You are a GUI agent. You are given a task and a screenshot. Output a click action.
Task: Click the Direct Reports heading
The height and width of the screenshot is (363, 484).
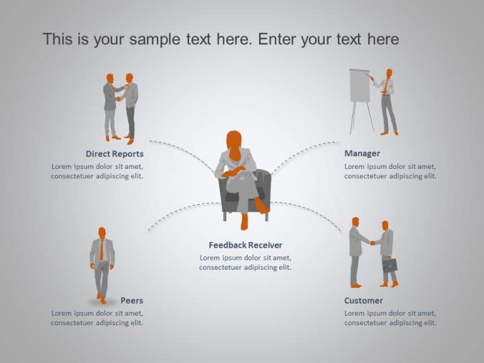(x=115, y=154)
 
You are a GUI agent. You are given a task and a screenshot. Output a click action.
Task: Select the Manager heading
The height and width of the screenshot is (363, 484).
(x=362, y=153)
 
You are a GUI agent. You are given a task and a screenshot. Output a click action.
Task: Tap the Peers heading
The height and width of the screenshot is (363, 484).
(x=132, y=301)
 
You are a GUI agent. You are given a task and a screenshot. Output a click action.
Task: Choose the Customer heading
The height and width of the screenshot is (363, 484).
(x=363, y=301)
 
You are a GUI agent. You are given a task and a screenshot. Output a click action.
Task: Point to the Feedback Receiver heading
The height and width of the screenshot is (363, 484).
(x=245, y=245)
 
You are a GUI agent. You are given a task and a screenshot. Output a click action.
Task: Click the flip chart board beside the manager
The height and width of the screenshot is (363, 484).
(x=360, y=86)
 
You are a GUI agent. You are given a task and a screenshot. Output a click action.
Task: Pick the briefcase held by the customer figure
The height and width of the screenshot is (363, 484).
(x=390, y=265)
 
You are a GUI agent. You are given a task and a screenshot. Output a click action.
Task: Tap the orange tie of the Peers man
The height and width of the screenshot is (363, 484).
(x=101, y=250)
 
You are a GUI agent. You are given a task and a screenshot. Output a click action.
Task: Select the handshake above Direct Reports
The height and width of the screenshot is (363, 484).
(x=118, y=99)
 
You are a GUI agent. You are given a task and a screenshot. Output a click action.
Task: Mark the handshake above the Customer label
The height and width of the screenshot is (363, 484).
(x=372, y=243)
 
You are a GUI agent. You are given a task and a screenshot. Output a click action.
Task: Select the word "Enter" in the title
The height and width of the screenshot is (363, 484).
(x=278, y=39)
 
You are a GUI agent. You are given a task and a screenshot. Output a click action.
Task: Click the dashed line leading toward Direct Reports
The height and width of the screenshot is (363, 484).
(x=183, y=151)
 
